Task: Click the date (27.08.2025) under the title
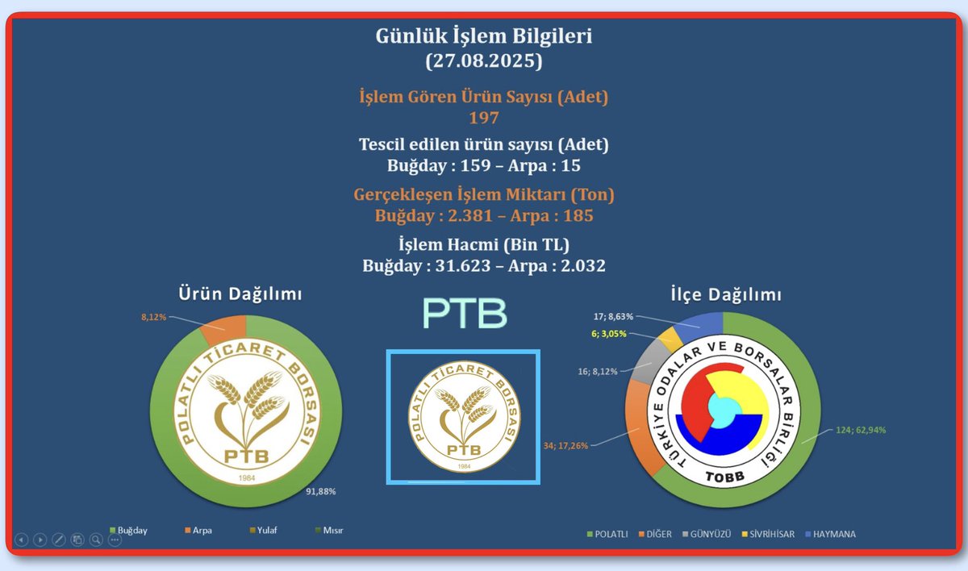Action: click(483, 60)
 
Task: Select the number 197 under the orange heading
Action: click(483, 118)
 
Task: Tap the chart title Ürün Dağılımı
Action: click(240, 294)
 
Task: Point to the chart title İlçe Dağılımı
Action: click(725, 295)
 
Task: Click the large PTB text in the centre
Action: click(465, 314)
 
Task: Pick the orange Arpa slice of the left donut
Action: click(223, 328)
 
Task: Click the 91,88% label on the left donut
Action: click(320, 491)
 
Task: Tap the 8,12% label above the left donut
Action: click(153, 317)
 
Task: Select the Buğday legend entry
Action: click(129, 531)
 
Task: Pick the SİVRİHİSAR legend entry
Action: click(766, 534)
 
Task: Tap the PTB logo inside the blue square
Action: click(462, 416)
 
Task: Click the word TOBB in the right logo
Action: click(723, 477)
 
